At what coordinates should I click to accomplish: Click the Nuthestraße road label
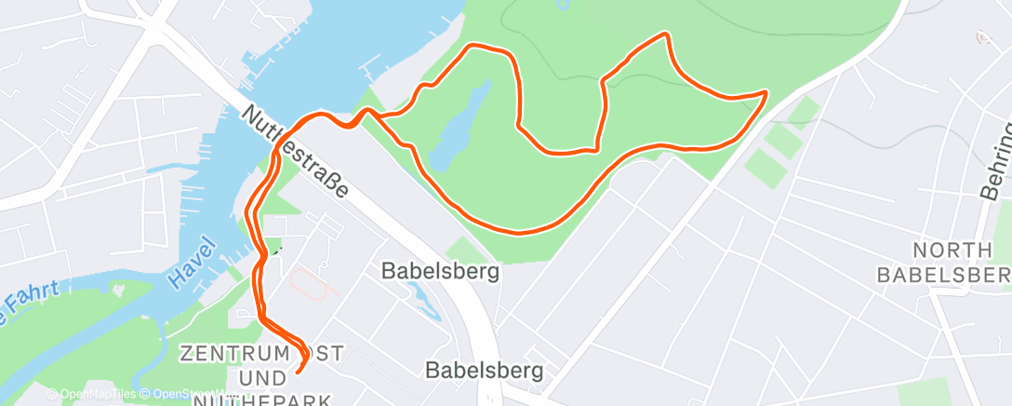click(295, 151)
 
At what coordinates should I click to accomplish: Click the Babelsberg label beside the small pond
click(440, 271)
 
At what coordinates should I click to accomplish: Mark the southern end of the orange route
click(298, 372)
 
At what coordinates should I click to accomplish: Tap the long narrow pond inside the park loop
click(462, 126)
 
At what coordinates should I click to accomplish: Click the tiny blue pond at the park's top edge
click(562, 5)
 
